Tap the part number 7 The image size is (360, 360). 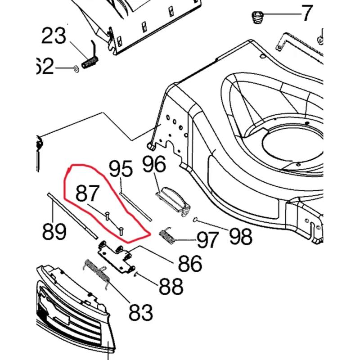306,13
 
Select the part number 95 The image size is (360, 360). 121,170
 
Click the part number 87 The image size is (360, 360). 87,193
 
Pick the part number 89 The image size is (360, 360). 54,232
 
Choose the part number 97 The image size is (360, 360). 207,239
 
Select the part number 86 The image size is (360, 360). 189,264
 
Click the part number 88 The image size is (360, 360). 171,286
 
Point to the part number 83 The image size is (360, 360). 140,311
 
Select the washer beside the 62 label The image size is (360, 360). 75,68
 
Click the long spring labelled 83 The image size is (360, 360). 97,273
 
